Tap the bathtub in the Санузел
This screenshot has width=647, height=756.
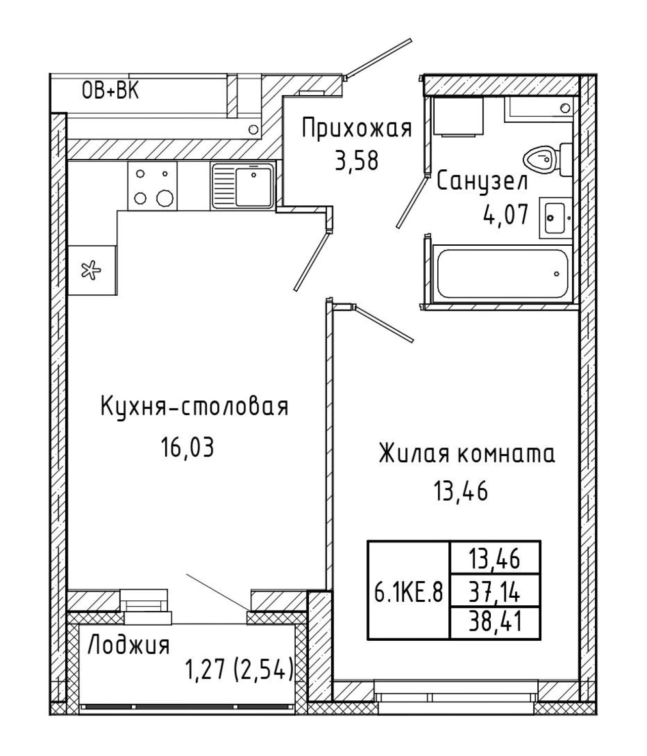pos(502,274)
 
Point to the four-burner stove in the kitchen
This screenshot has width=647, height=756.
pos(153,186)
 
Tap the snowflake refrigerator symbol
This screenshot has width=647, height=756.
pos(91,270)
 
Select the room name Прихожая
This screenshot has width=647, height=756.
pos(357,128)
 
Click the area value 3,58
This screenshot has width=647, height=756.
pos(357,161)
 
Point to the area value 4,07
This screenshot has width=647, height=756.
pos(505,214)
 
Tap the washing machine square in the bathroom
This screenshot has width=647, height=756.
pos(459,116)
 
